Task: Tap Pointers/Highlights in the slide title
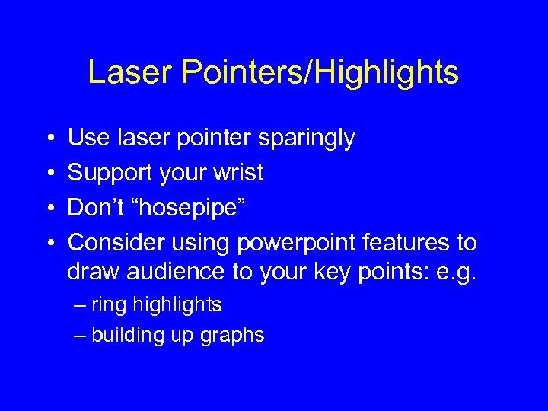(x=319, y=73)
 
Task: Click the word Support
(x=111, y=174)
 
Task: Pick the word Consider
(x=114, y=243)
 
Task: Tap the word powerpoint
(x=301, y=243)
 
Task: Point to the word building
(x=124, y=335)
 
